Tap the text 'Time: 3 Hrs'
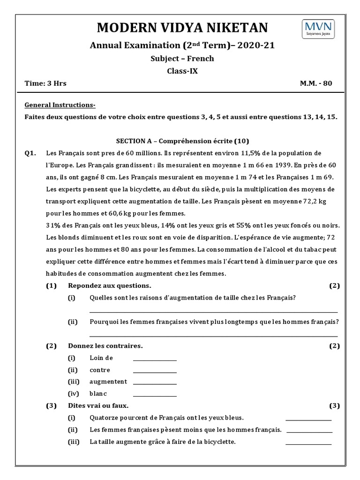point(45,83)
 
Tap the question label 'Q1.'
point(31,153)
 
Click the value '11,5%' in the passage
point(251,153)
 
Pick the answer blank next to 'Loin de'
point(155,359)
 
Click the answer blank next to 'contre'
point(155,370)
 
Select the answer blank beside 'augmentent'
point(155,382)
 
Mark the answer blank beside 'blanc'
point(155,395)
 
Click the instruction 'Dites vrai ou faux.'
point(98,406)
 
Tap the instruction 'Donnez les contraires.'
point(105,346)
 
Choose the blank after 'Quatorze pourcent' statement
point(308,418)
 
